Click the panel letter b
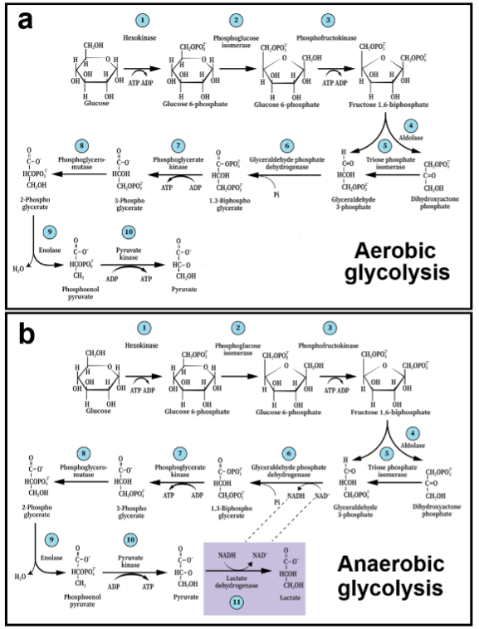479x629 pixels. coord(22,335)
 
